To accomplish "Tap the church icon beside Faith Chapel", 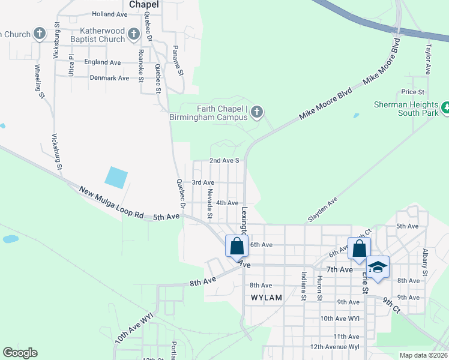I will point(257,112).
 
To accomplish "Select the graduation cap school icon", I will point(378,266).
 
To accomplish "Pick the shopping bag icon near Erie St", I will point(359,248).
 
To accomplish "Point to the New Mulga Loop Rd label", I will point(112,202).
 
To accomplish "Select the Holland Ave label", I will point(109,13).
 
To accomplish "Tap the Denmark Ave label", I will point(109,78).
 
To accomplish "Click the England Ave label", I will point(102,62).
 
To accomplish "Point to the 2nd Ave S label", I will point(224,161).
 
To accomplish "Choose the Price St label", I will point(413,92).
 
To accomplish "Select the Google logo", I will point(20,353).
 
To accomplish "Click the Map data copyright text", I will point(424,355).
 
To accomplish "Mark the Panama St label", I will point(177,61).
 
